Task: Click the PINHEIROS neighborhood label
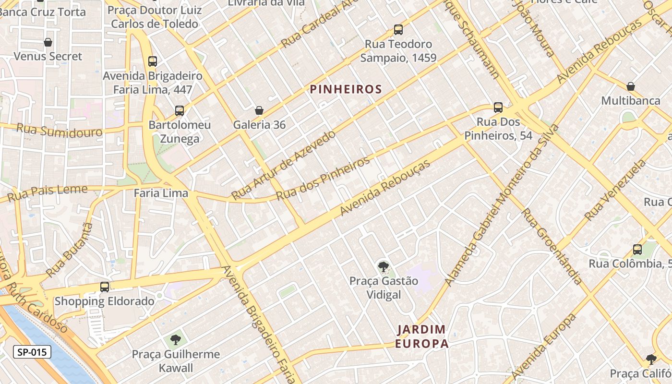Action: [346, 89]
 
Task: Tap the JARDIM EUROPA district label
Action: [422, 336]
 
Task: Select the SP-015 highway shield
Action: [32, 352]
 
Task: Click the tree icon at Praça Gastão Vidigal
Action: [383, 267]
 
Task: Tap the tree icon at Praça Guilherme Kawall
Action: [176, 340]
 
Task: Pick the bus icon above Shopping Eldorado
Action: [105, 287]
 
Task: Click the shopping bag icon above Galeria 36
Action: [259, 110]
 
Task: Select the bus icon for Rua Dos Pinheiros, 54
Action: [498, 108]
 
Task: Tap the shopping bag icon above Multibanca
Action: [631, 86]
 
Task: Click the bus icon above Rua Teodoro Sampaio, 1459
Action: [398, 30]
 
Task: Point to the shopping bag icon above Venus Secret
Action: [48, 42]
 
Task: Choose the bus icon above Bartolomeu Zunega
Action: [180, 111]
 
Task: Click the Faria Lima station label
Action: [161, 194]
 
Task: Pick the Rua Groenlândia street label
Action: [552, 246]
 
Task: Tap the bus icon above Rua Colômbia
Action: [637, 250]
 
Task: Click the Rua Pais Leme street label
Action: [48, 192]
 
